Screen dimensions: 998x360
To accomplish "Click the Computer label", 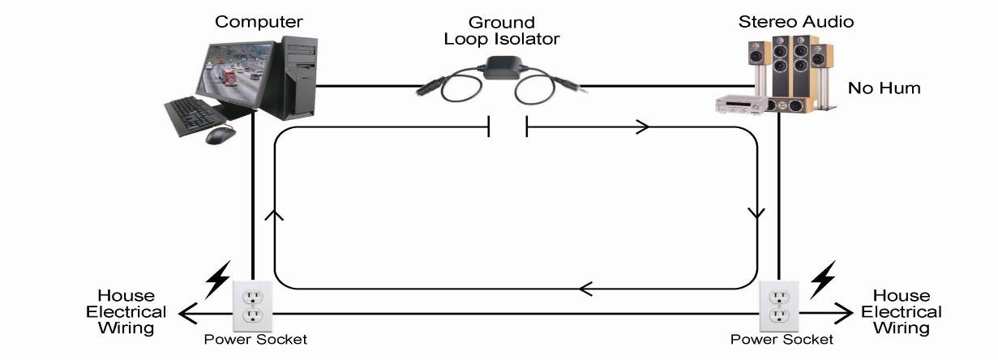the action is [x=259, y=22].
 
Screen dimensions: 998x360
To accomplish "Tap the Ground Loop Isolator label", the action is [x=502, y=31].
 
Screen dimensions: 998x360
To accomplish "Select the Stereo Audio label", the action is [x=796, y=22].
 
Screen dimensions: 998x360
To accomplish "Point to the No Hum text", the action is [x=884, y=88].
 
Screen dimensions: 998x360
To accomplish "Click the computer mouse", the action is [x=221, y=135].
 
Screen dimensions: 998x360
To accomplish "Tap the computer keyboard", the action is [x=195, y=116].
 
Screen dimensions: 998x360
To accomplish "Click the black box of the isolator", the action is [x=502, y=68].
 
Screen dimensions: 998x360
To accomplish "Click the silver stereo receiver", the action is [x=741, y=105].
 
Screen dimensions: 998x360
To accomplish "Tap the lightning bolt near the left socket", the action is [x=218, y=280].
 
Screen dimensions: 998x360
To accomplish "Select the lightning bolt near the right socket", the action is [x=822, y=280].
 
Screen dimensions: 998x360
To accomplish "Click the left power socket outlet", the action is [x=253, y=306].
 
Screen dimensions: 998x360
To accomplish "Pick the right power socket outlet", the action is [x=779, y=306].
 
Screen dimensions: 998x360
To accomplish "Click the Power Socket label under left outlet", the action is [x=255, y=340].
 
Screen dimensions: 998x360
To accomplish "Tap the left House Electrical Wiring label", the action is [x=126, y=312].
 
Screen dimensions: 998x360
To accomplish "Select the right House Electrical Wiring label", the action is [x=902, y=312].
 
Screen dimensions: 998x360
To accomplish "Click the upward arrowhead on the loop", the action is [x=274, y=215].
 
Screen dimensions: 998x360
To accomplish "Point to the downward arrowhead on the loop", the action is [x=756, y=213].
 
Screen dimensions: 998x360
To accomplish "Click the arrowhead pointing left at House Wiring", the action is [x=187, y=313].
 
